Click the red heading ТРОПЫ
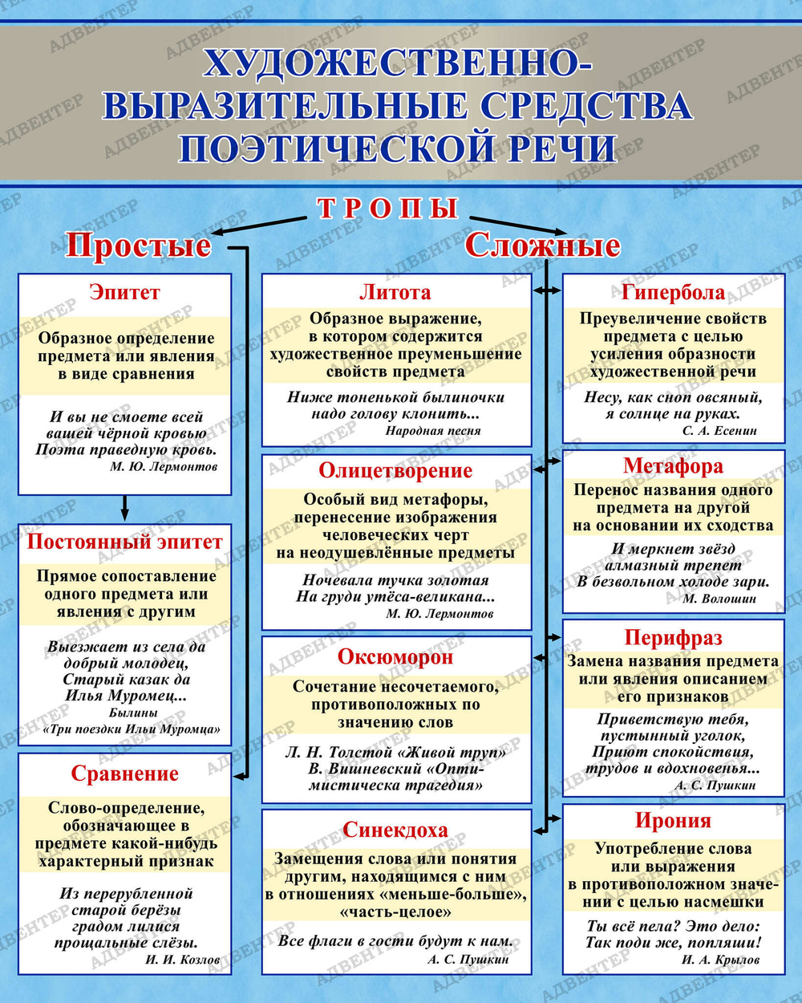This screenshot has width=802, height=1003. pyautogui.click(x=387, y=208)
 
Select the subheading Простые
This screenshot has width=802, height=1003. pyautogui.click(x=138, y=245)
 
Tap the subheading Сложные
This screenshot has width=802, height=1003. pyautogui.click(x=542, y=245)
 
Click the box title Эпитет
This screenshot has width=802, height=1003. pyautogui.click(x=124, y=292)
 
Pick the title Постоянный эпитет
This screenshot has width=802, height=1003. pyautogui.click(x=124, y=542)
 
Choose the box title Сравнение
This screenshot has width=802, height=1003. pyautogui.click(x=124, y=774)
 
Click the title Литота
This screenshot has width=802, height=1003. pyautogui.click(x=395, y=292)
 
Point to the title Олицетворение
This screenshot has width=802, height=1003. pyautogui.click(x=395, y=471)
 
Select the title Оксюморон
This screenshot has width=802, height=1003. pyautogui.click(x=395, y=657)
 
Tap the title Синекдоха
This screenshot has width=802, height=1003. pyautogui.click(x=395, y=830)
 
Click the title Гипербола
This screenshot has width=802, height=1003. pyautogui.click(x=673, y=292)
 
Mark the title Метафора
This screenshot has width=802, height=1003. pyautogui.click(x=673, y=466)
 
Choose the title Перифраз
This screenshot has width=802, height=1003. pyautogui.click(x=673, y=638)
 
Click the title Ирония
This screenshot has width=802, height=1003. pyautogui.click(x=673, y=821)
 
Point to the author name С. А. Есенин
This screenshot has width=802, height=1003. pyautogui.click(x=719, y=431)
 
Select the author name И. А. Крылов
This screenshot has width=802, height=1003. pyautogui.click(x=720, y=960)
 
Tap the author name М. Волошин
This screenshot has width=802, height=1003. pyautogui.click(x=719, y=599)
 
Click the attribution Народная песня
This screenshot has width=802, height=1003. pyautogui.click(x=433, y=431)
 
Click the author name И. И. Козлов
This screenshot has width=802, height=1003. pyautogui.click(x=183, y=960)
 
